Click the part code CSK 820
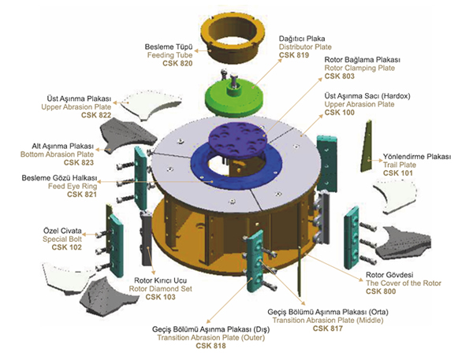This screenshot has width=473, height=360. coord(177,63)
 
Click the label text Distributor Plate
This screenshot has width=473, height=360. coord(305,47)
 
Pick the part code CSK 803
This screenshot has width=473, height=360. coord(339,76)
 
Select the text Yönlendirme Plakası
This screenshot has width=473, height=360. coord(417,157)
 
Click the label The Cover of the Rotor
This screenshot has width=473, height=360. coord(404,284)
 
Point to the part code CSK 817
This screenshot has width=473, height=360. coord(328,328)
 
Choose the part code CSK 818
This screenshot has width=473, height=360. coord(210,346)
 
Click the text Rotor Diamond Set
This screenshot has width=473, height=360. coord(161,289)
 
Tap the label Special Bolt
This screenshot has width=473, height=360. coord(62,239)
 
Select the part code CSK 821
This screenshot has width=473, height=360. coord(82,195)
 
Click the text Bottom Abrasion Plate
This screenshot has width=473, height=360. coord(57,154)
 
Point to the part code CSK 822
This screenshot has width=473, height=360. coord(96,115)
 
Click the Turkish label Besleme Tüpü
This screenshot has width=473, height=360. coord(169,47)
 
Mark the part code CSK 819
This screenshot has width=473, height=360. coord(294,55)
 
